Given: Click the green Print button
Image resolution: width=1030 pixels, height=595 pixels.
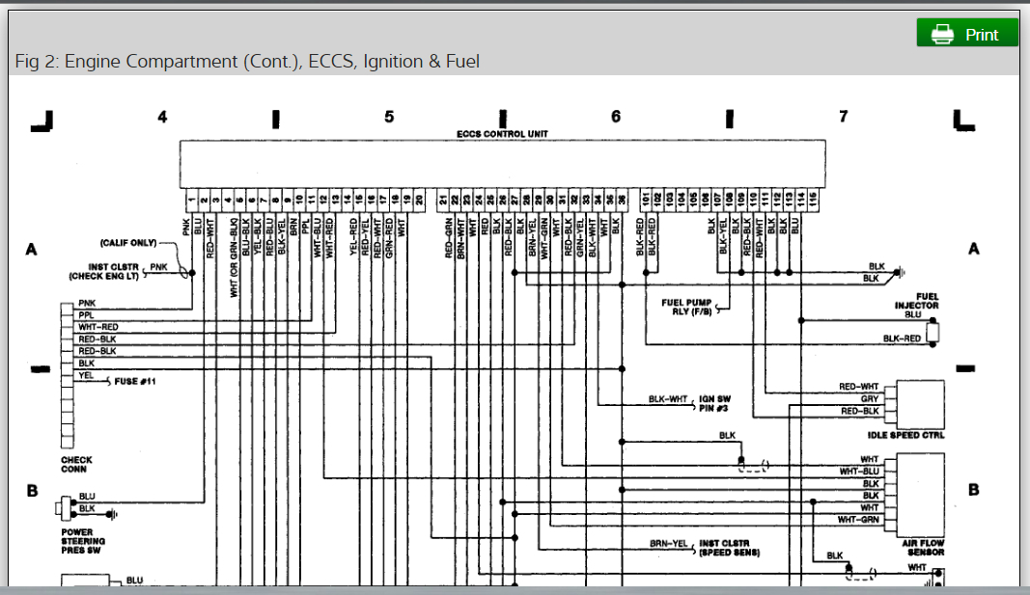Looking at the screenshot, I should coord(967,34).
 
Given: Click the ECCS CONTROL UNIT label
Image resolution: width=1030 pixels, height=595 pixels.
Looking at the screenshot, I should coord(502,134).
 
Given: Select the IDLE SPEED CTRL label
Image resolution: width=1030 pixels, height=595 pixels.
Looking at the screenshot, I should coord(907,436).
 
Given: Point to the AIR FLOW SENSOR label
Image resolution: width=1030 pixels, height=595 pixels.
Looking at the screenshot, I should coord(923,548).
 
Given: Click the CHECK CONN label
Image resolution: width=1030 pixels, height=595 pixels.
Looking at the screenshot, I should coord(76,465).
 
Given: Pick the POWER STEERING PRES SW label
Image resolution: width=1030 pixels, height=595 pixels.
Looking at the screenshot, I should coord(83,541).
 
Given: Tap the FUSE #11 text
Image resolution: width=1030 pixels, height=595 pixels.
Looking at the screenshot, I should coord(135,382).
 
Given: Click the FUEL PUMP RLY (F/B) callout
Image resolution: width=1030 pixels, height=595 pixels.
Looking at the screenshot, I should coord(686,308).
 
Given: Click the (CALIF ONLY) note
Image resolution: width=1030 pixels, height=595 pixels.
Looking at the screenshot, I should coord(128,243).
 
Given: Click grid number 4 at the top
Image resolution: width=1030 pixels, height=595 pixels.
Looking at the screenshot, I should coord(162,117).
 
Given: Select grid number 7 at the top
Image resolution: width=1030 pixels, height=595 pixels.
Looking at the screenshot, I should coord(843,117).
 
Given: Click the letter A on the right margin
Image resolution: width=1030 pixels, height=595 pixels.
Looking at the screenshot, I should coord(973,250).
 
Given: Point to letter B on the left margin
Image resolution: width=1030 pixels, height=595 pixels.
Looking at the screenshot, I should coord(31,490).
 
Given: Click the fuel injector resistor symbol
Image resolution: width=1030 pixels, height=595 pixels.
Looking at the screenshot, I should coord(933,333).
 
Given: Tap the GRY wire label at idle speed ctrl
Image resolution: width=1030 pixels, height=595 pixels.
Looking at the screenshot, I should coord(869,398).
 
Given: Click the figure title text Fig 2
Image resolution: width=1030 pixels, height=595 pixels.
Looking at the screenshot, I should coord(247,62).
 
